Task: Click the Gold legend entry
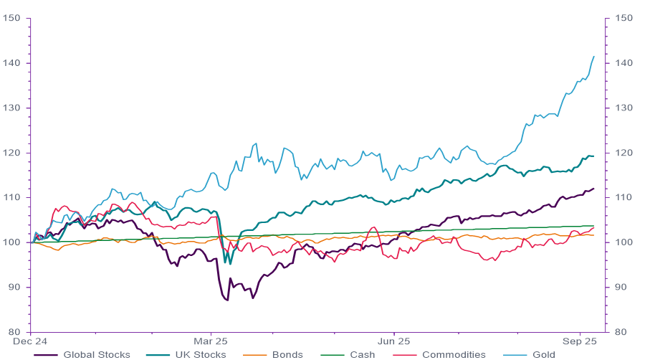coord(535,354)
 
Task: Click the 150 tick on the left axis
coord(11,18)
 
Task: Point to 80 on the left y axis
coord(13,332)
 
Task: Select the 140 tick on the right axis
coord(623,63)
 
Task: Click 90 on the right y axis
coord(621,287)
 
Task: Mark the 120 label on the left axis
coord(11,153)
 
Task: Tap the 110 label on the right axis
coord(623,197)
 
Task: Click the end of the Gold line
coord(594,56)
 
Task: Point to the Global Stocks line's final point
coord(594,189)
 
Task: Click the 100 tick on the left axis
coord(11,242)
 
